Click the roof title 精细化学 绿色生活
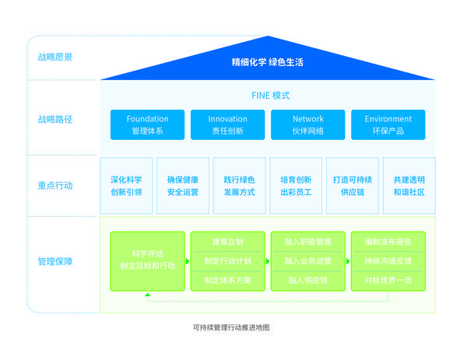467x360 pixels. [x=267, y=61]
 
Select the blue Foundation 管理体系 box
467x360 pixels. [x=147, y=124]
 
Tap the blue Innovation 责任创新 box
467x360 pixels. [x=227, y=124]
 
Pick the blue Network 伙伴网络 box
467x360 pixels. [x=307, y=124]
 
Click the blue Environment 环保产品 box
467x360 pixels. [x=388, y=124]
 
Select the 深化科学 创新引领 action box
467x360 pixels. [x=126, y=185]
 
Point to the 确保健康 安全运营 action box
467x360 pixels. [x=183, y=185]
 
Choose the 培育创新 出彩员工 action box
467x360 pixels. [x=296, y=185]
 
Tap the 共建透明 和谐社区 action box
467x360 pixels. [x=409, y=185]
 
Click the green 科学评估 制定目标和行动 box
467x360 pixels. [x=147, y=261]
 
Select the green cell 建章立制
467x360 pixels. [x=227, y=242]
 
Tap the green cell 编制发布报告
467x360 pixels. [x=388, y=242]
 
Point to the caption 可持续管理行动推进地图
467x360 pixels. [x=230, y=328]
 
